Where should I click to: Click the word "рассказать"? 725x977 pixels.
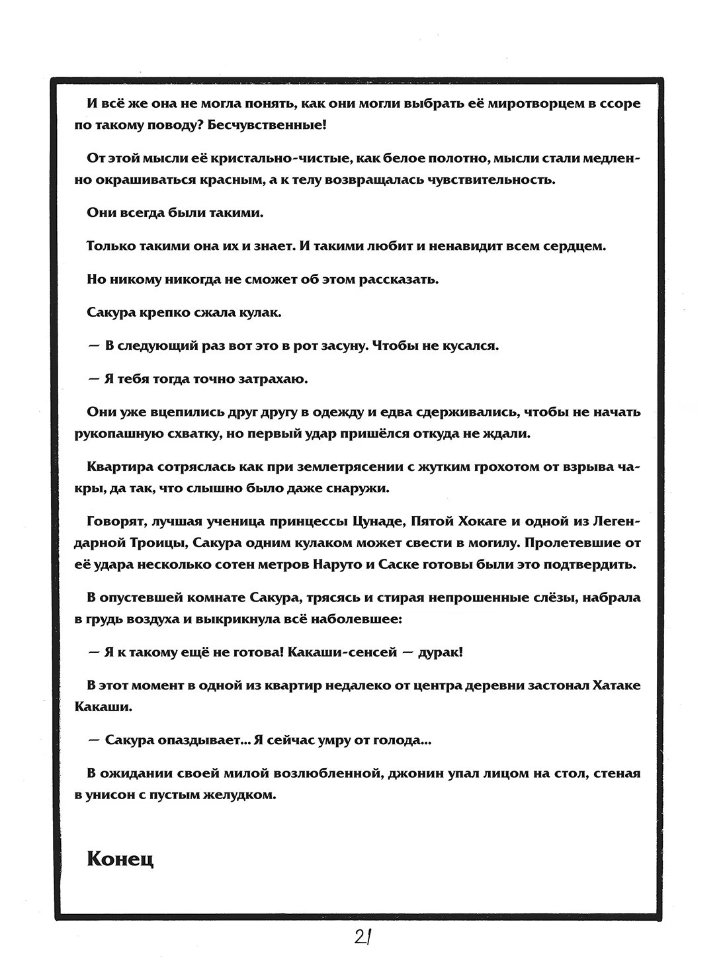point(396,279)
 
